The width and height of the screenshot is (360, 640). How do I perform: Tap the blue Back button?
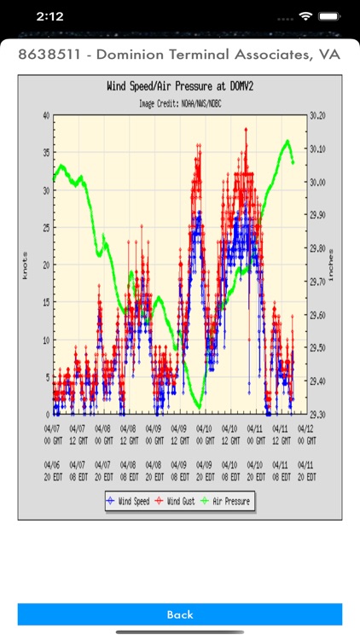coord(180,614)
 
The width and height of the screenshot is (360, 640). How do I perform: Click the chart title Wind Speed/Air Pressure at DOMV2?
coord(180,86)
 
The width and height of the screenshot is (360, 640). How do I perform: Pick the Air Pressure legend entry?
coord(226,502)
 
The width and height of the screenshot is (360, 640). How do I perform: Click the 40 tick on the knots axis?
coord(44,115)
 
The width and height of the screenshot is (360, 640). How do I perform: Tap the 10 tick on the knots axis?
coord(44,340)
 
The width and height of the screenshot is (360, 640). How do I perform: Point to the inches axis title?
coord(331,265)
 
